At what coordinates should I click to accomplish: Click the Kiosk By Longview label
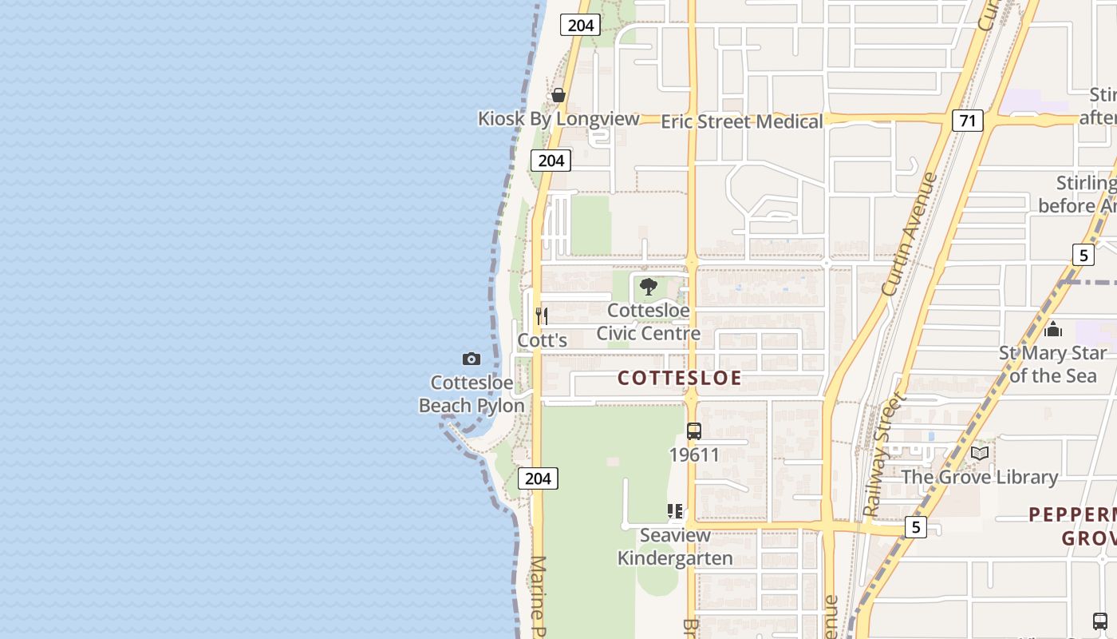[558, 119]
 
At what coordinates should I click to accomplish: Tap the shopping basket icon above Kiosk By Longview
[558, 95]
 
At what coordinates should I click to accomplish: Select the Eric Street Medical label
[741, 121]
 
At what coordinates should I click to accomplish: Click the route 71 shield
[967, 121]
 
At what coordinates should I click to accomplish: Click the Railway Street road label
[885, 454]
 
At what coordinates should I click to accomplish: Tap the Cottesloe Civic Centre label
[648, 322]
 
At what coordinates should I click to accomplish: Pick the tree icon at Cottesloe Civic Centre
[649, 287]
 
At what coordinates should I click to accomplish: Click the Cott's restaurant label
[543, 340]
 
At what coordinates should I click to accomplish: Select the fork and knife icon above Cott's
[542, 316]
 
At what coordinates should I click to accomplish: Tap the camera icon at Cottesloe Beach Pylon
[472, 359]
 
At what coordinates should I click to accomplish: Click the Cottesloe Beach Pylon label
[472, 395]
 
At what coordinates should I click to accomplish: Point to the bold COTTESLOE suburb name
[680, 378]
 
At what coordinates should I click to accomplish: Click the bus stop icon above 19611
[694, 431]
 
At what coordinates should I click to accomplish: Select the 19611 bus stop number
[694, 455]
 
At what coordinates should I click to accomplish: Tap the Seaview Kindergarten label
[675, 546]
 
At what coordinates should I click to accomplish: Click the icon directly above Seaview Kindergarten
[675, 511]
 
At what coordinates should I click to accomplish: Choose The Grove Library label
[979, 478]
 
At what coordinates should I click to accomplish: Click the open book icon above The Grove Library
[979, 454]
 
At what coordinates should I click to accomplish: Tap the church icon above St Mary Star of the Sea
[1053, 328]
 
